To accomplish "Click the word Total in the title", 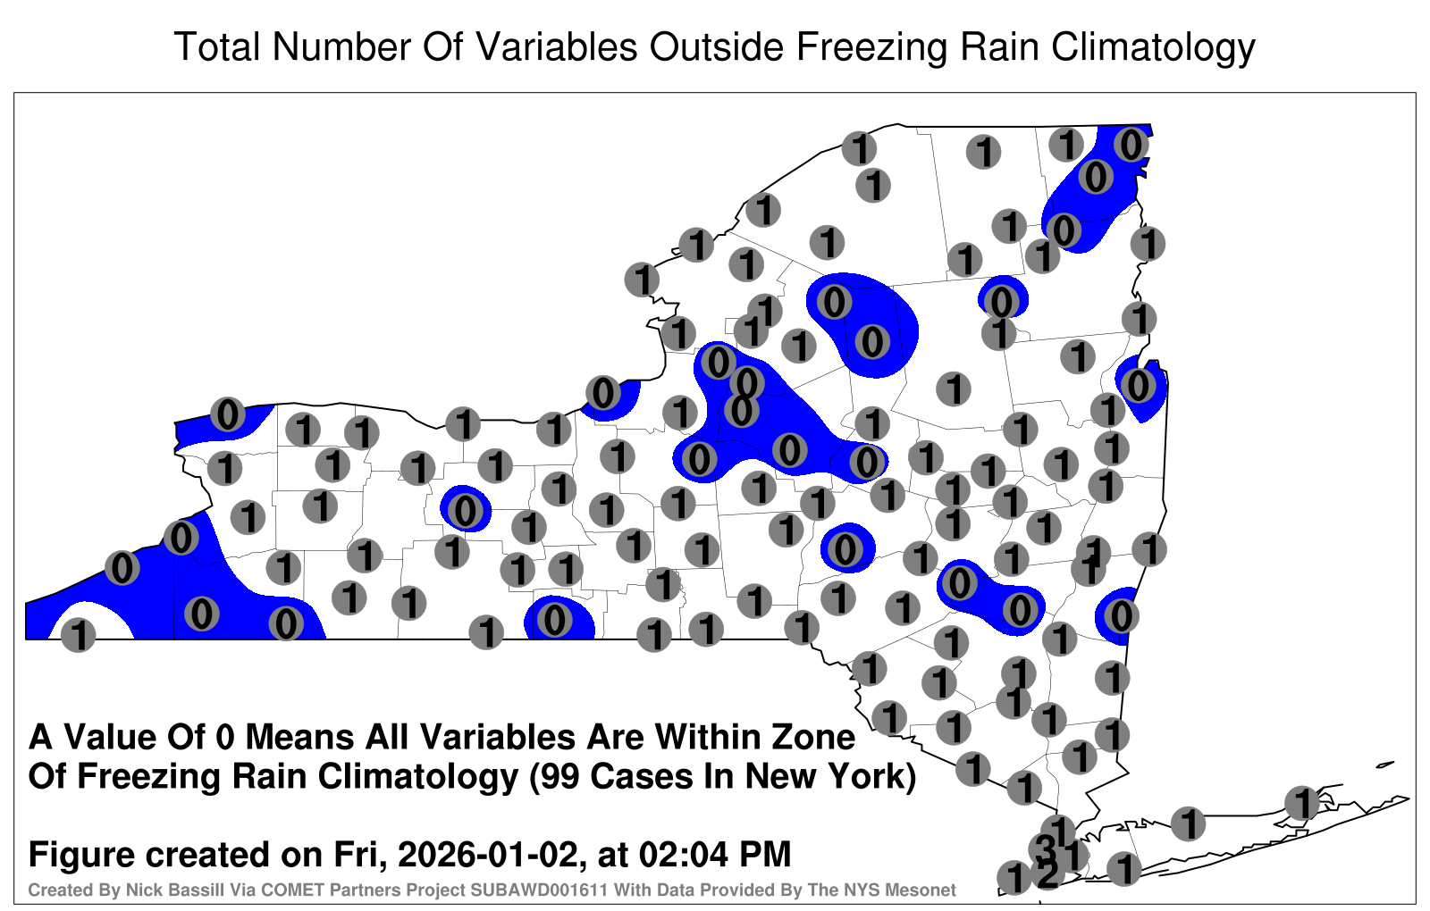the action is coord(217,46).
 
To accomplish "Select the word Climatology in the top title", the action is coord(1153,48).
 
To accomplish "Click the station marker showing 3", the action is coord(1046,848).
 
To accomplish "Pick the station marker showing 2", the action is coord(1047,874).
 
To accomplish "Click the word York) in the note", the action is coord(873,778).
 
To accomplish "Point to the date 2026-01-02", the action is coord(488,855).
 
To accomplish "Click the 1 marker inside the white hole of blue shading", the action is coord(79,635).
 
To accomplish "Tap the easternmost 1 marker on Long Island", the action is coord(1301,803).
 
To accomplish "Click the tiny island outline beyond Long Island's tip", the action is coord(1385,765).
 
